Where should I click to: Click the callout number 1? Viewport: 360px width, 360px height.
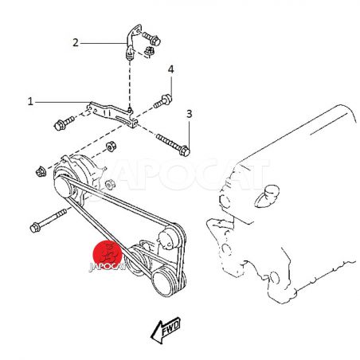coord(30,101)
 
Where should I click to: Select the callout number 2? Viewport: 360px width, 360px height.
coord(76,42)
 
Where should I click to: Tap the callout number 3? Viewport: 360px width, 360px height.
coord(189,114)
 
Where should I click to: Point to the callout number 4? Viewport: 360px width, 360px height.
coord(170,69)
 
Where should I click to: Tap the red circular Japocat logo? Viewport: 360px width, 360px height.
coord(108,254)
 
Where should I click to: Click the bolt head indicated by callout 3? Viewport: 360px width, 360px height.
coord(185,151)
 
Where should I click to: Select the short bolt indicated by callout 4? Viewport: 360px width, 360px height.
coord(162,101)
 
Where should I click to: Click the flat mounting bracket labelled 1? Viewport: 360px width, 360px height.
coord(112,115)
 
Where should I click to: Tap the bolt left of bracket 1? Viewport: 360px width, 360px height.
coord(64,123)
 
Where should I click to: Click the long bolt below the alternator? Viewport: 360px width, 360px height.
coord(48,221)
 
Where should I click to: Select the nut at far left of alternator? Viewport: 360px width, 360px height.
coord(41,171)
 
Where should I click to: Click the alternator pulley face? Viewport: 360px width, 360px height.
coord(63,186)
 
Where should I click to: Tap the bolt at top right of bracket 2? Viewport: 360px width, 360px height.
coord(151,38)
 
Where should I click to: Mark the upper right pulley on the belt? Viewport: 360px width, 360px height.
coord(168,238)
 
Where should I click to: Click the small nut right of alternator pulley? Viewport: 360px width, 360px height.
coord(110,184)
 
